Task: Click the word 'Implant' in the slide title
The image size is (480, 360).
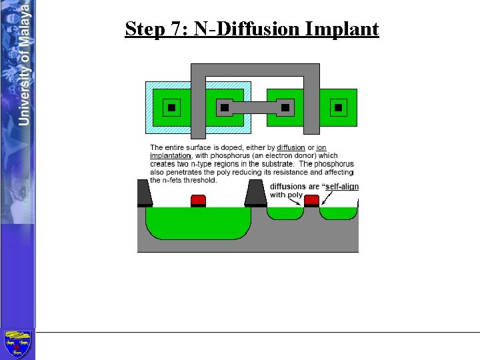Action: point(342,29)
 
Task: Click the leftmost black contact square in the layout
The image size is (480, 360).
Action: point(171,107)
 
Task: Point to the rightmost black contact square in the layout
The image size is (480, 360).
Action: point(338,107)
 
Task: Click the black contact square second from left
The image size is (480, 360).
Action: point(225,107)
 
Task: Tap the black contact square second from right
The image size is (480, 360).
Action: point(285,107)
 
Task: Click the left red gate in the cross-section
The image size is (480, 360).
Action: point(198,199)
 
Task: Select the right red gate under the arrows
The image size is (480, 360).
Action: point(311,199)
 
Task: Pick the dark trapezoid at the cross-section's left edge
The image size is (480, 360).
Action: point(144,193)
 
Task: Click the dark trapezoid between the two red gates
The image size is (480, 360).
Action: point(256,193)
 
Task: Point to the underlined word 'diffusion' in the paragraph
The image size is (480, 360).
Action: point(291,147)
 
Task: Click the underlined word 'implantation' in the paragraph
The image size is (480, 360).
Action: point(171,155)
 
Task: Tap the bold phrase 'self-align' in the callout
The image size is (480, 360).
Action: point(340,187)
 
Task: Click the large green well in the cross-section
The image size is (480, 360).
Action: point(198,221)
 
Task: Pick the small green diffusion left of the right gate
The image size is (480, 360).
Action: point(285,213)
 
